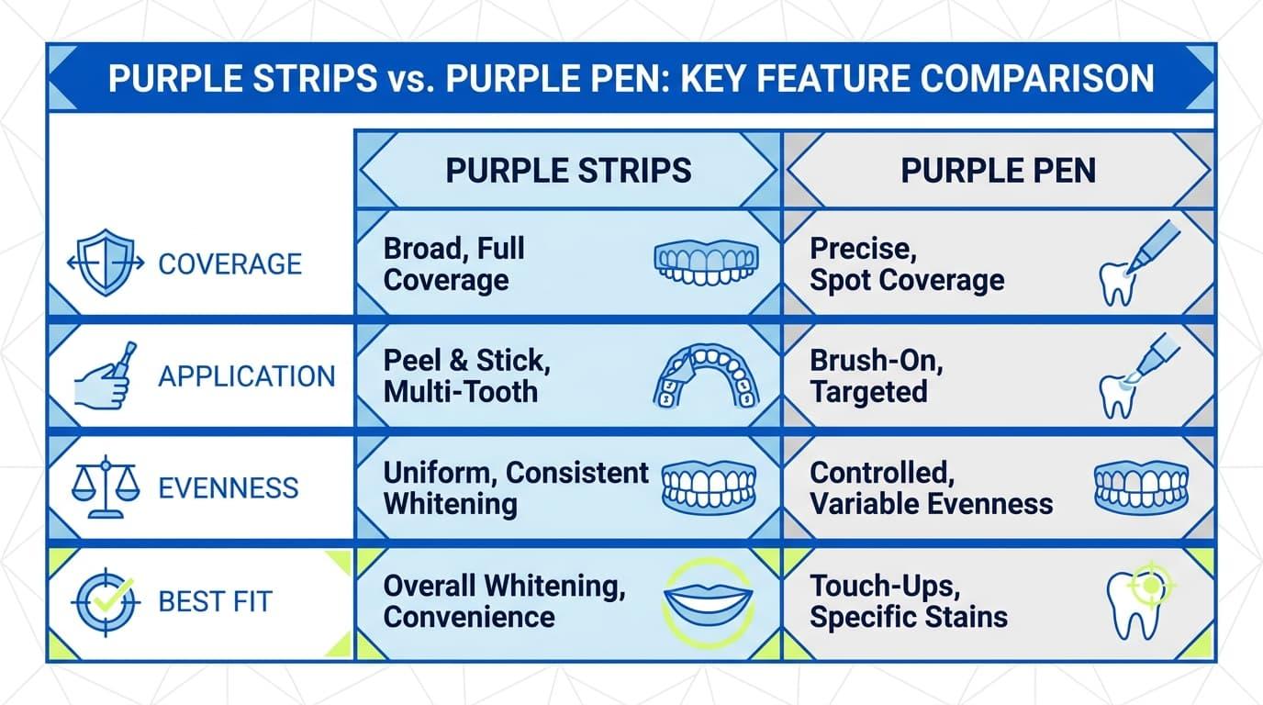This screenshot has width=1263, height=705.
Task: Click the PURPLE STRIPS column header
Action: [x=568, y=171]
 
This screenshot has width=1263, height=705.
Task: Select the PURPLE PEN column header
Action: [x=999, y=171]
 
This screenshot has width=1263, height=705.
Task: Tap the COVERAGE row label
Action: [x=230, y=264]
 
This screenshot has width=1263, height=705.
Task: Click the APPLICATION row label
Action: [x=247, y=376]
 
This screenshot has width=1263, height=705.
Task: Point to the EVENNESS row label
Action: [x=229, y=487]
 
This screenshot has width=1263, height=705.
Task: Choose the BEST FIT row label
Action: [x=216, y=601]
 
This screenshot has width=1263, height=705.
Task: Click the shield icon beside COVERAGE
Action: [x=106, y=263]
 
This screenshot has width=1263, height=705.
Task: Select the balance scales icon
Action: [x=106, y=487]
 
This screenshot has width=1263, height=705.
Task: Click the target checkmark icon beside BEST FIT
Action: [x=106, y=602]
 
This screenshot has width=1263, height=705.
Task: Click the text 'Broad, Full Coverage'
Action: [x=453, y=264]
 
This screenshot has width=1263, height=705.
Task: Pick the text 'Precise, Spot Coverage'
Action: [x=907, y=264]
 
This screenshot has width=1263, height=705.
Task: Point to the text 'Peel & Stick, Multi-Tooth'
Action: [x=467, y=376]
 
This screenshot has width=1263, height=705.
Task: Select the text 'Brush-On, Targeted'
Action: [x=877, y=376]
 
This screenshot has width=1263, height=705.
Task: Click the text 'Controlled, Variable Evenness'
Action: [x=931, y=488]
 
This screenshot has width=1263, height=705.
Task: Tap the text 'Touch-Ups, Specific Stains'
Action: [x=909, y=601]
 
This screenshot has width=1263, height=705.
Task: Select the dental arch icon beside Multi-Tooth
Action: [x=707, y=376]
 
